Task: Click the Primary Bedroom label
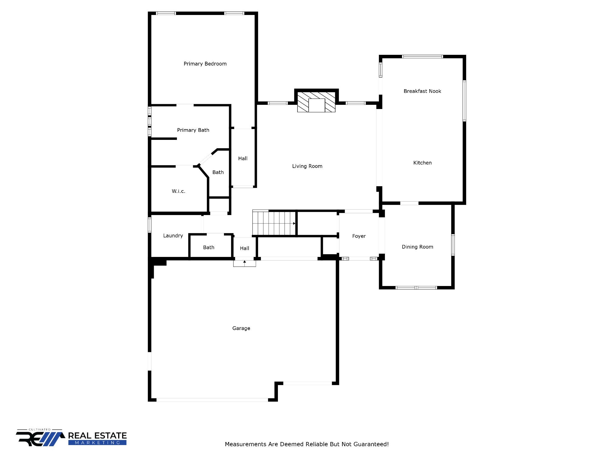(205, 64)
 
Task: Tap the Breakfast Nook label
(422, 91)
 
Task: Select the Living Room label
(307, 166)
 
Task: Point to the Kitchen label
(422, 163)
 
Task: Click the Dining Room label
(417, 247)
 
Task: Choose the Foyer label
(359, 236)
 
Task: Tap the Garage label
(241, 328)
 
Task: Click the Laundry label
(173, 236)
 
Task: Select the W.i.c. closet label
(178, 191)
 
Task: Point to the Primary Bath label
(193, 130)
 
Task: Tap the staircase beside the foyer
(274, 223)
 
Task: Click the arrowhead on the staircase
(294, 223)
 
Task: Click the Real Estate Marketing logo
(71, 439)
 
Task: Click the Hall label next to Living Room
(243, 158)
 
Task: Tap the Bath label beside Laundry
(209, 247)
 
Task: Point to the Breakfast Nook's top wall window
(422, 57)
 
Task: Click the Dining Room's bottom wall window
(416, 288)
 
